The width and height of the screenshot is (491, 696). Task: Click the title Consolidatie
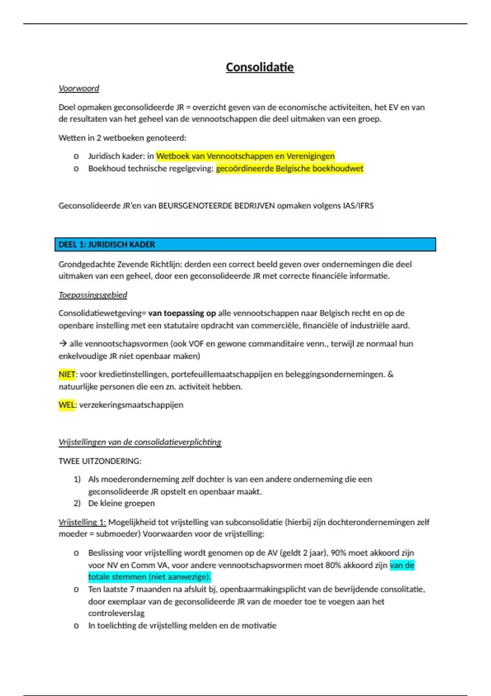tap(260, 67)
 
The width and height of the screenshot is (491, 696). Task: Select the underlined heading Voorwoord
tap(79, 88)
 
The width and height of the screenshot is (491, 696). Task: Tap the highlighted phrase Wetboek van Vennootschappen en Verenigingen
tap(245, 156)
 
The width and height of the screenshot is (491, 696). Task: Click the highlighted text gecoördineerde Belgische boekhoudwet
tap(290, 169)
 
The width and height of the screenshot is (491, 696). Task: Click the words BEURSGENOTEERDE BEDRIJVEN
tap(216, 206)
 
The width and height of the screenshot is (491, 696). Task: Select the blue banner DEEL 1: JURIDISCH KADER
tap(245, 244)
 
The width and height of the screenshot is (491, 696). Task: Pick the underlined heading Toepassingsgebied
tap(92, 295)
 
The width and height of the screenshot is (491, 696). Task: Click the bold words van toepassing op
tap(182, 313)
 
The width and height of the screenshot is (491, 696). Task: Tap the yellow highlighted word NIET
tap(67, 374)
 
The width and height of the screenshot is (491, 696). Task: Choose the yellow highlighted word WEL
tap(67, 405)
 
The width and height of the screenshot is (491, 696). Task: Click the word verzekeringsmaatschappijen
tap(131, 405)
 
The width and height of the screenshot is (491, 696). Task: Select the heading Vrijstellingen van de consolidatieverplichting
tap(140, 442)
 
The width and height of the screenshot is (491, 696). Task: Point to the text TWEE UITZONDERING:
tap(100, 461)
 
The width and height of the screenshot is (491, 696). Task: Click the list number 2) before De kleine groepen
tap(77, 503)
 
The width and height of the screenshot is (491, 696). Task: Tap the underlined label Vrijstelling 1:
tap(82, 522)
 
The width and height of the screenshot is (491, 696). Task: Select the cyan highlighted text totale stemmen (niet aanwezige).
tap(149, 577)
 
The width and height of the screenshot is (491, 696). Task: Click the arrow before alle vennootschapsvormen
tap(63, 343)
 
